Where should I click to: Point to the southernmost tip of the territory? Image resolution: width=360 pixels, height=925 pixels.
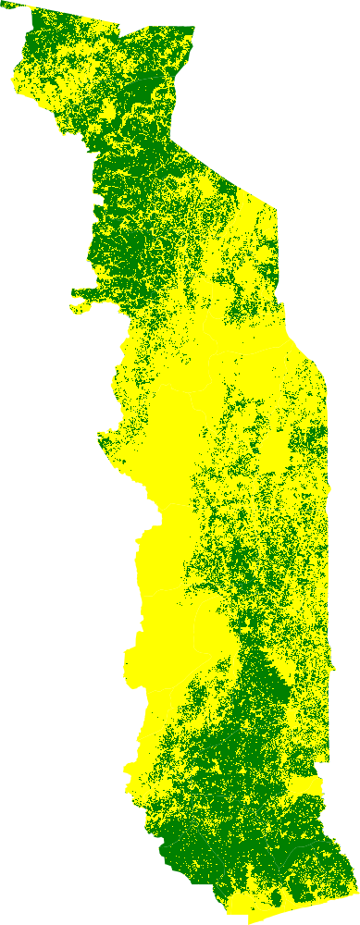coord(249,921)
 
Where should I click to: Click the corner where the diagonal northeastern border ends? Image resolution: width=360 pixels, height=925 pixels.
coord(277,204)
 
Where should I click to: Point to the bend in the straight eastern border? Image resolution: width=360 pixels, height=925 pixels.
coord(326,379)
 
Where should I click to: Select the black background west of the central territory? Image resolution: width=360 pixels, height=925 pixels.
coord(56,555)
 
